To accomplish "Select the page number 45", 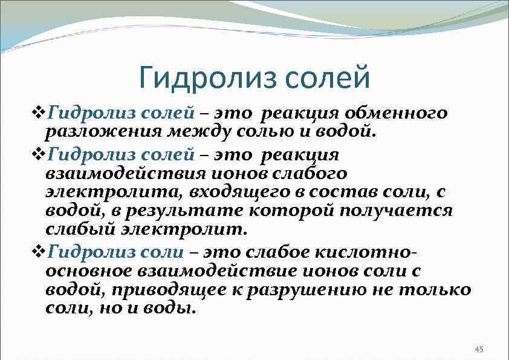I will tap(480, 349).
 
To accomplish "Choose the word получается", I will tap(395, 210).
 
